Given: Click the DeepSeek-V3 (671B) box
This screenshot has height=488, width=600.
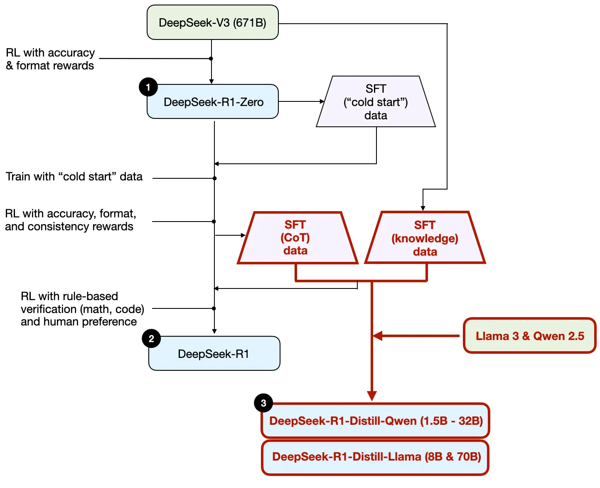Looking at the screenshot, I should click(212, 22).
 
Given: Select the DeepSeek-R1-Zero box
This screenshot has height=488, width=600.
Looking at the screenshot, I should click(212, 102).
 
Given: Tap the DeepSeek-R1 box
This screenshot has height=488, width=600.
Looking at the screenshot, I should click(214, 354).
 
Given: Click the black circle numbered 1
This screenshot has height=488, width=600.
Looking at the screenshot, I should click(148, 87).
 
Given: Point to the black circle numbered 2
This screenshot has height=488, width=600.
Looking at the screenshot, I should click(151, 339).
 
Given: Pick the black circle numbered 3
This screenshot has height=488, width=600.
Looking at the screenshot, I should click(263, 403).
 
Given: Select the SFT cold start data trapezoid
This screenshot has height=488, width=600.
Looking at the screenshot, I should click(376, 102).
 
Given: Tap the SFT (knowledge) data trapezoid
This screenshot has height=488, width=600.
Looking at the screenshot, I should click(425, 238).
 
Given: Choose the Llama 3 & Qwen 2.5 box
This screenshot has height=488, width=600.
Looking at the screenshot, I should click(530, 336).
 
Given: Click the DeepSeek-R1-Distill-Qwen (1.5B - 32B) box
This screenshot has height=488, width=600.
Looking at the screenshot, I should click(376, 421).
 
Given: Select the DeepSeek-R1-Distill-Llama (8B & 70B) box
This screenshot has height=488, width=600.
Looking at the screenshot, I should click(376, 457).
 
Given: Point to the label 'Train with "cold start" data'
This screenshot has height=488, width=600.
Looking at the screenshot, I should click(74, 177).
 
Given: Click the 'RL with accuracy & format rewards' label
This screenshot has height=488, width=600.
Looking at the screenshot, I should click(50, 59).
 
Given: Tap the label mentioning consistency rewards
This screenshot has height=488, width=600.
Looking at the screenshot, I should click(70, 220).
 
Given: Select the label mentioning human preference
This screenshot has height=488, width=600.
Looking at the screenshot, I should click(82, 309).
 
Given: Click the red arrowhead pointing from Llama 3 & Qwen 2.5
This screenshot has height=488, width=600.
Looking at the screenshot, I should click(377, 336).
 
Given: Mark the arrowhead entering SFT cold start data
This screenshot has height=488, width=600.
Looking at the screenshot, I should click(322, 101).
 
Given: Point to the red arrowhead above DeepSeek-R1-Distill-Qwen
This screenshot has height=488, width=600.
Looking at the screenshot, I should click(372, 396).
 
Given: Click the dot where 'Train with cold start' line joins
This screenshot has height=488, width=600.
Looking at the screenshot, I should click(214, 178).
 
